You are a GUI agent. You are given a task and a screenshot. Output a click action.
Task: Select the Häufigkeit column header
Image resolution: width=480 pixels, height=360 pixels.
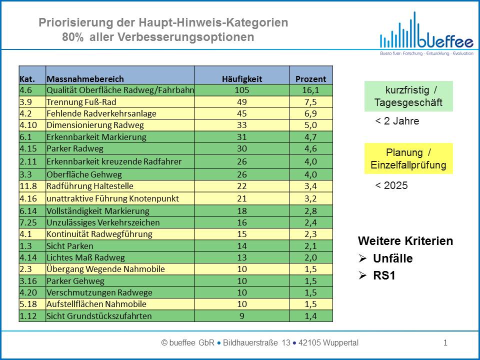242,79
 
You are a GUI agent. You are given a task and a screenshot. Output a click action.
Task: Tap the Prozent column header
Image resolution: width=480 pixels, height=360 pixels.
310,79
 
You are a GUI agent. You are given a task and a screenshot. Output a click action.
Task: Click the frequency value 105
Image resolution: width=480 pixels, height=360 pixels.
242,90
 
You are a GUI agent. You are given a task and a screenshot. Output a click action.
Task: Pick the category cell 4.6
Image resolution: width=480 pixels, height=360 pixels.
25,90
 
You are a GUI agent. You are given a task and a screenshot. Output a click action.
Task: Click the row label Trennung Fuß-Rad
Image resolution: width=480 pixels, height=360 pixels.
81,102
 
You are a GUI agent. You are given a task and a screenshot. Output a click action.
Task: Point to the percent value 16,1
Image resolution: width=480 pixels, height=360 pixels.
310,90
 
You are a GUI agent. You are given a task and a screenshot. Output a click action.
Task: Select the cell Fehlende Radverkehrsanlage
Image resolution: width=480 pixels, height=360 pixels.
101,113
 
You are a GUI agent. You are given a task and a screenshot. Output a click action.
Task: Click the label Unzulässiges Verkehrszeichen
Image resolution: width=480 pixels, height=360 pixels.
103,222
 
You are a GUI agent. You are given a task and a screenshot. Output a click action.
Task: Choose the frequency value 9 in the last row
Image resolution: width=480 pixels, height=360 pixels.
242,316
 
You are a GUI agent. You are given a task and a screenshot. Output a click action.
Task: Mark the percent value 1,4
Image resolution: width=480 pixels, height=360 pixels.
310,316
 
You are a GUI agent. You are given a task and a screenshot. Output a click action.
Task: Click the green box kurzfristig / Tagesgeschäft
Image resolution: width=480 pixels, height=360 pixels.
408,96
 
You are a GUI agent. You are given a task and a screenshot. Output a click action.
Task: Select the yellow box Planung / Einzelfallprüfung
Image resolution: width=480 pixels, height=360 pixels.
408,158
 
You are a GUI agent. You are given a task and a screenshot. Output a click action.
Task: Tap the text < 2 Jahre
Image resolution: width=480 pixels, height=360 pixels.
397,121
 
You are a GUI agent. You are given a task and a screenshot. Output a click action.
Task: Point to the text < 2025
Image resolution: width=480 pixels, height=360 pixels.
391,185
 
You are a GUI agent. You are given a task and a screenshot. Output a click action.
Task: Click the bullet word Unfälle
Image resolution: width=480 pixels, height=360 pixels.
393,258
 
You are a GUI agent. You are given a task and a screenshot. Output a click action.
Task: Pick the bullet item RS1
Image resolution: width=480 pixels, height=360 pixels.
384,275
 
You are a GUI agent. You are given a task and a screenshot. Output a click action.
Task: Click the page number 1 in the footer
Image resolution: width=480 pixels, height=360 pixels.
445,343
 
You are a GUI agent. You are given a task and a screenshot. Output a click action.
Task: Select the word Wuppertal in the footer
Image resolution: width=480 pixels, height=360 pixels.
340,343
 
